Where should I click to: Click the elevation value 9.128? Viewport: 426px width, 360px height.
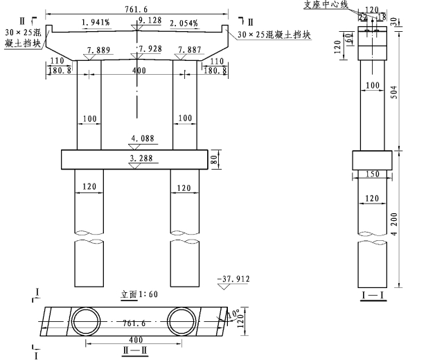(150, 21)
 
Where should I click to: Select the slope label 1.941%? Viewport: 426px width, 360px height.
(96, 24)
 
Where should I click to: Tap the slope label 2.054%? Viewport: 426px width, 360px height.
(184, 24)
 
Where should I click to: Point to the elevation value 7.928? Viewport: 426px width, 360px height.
(150, 49)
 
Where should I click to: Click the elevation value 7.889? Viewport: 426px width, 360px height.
(100, 50)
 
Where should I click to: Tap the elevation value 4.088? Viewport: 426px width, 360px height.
(141, 138)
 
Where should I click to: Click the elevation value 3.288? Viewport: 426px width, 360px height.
(142, 159)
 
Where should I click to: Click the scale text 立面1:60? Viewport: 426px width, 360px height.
(140, 294)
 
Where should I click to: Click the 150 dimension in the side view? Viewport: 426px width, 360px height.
(373, 174)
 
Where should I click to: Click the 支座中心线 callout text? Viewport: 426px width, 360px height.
(326, 5)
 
